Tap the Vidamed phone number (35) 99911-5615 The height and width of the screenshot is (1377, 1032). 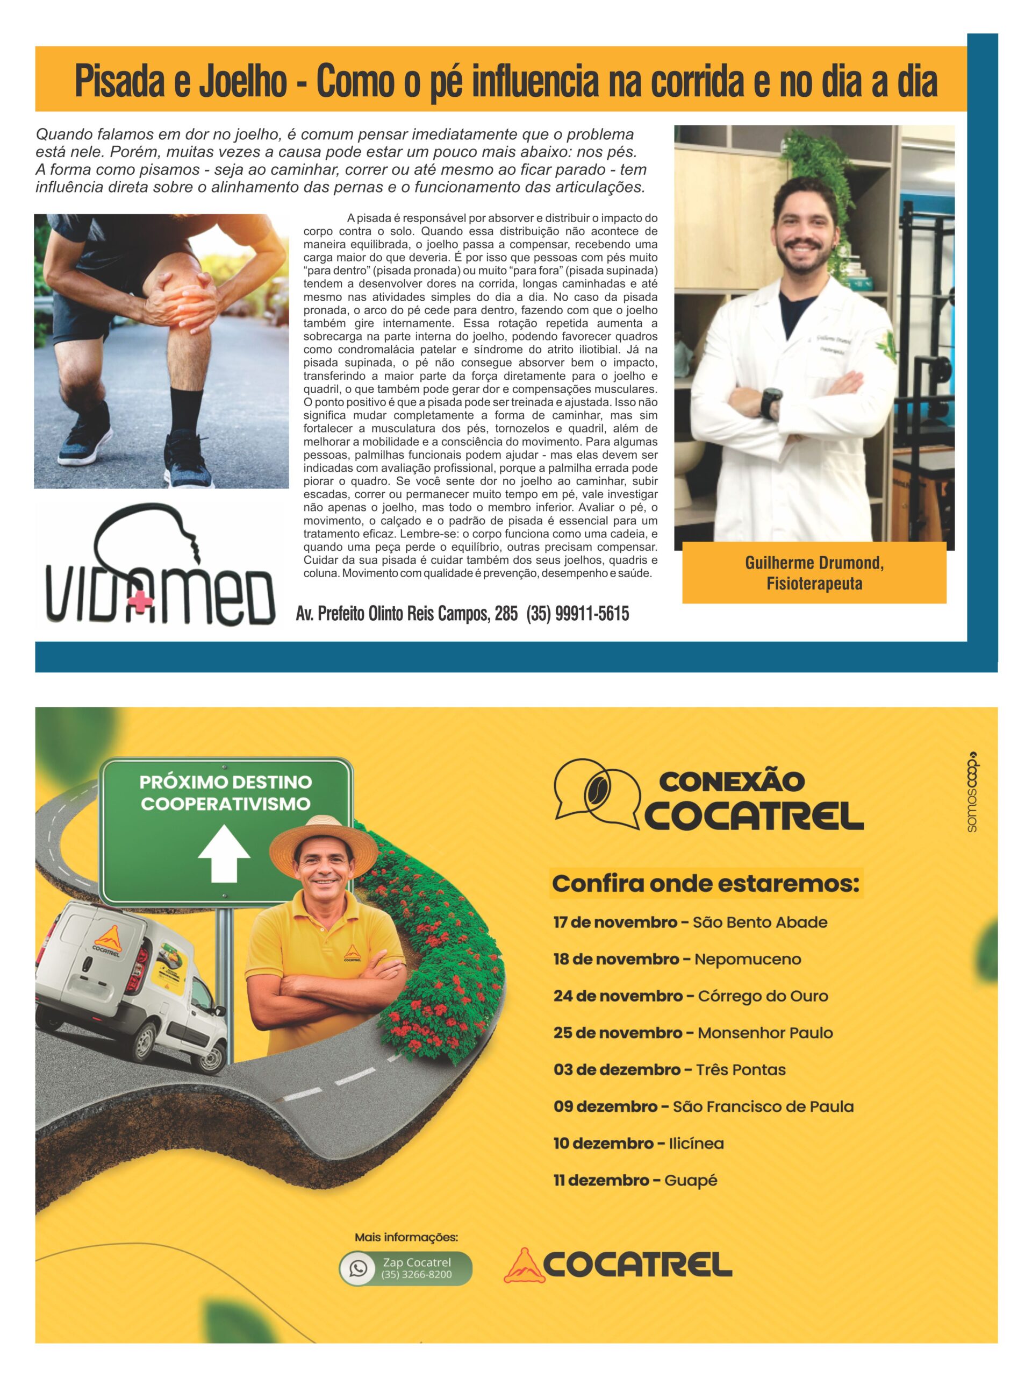coord(577,614)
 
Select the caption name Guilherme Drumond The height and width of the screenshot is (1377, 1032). coord(814,563)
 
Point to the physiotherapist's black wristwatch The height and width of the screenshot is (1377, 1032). coord(772,403)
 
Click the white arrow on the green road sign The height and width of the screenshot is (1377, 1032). coord(224,854)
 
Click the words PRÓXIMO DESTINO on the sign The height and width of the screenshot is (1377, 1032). coord(225,782)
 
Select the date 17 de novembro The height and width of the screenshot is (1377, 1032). coord(614,922)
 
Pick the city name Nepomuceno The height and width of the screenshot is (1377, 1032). coord(747,959)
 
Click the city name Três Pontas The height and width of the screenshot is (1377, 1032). coord(740,1069)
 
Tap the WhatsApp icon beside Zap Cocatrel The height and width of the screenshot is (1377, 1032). coord(359,1268)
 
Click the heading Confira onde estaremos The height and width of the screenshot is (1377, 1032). coord(705,883)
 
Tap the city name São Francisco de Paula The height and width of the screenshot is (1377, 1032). coord(763,1106)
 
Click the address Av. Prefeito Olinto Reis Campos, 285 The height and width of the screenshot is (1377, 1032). coord(406,614)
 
